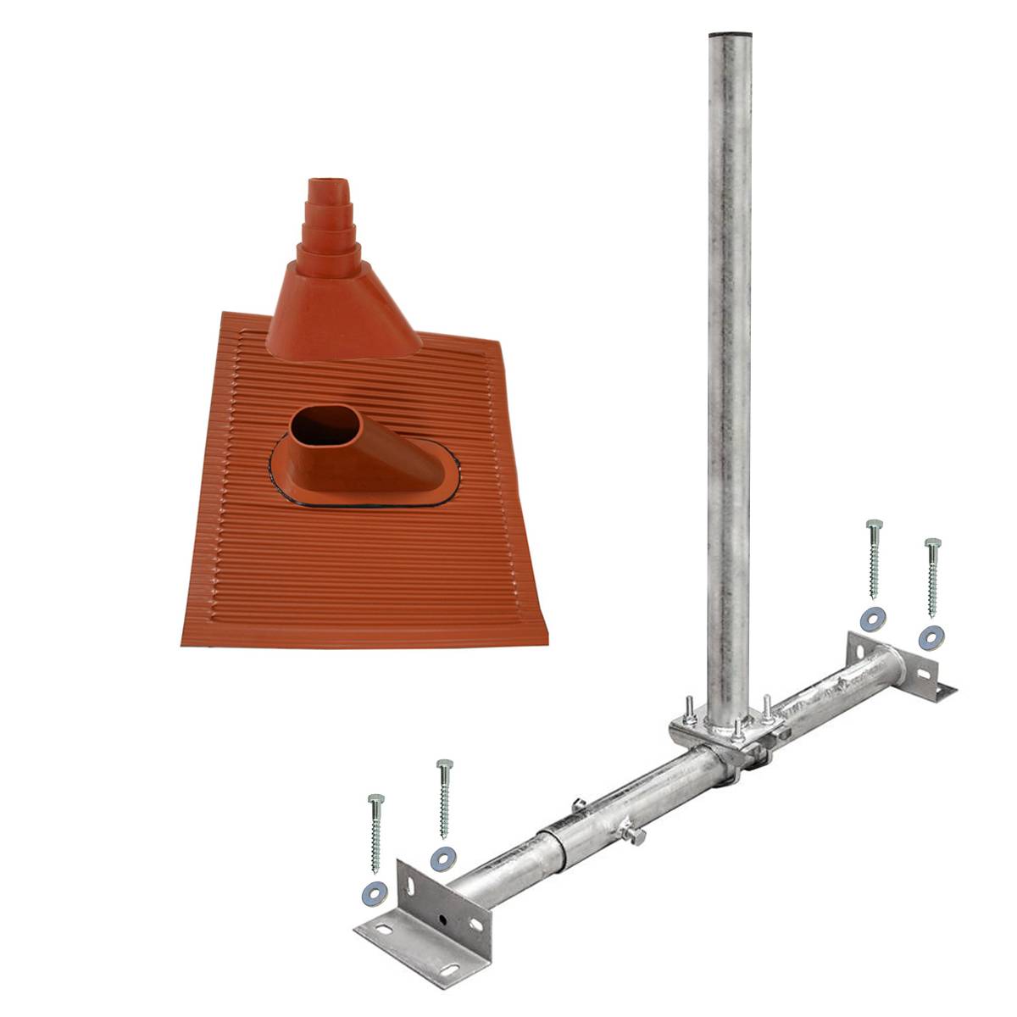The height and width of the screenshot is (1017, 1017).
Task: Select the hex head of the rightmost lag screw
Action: point(932,543)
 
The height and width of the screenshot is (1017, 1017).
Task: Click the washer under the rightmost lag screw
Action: point(932,636)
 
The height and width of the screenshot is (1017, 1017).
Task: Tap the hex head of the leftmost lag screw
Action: point(375,800)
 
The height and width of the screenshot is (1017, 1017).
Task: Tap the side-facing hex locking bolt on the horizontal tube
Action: point(631,836)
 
